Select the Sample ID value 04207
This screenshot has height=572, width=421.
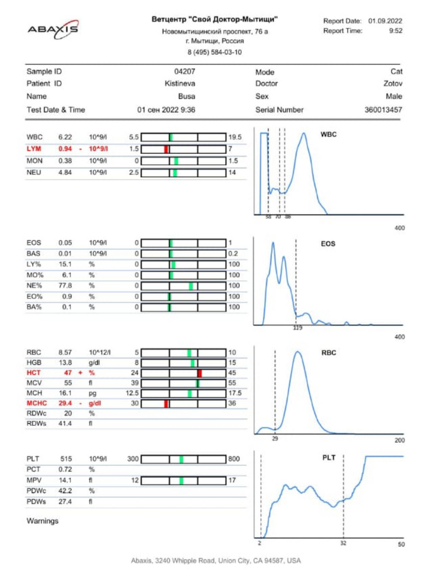point(185,72)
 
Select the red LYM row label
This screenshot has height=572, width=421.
point(34,149)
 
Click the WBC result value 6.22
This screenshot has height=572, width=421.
point(65,137)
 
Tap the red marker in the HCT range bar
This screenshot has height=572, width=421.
point(199,374)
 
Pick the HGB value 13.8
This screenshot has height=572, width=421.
point(65,363)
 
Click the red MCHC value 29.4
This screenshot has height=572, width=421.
point(65,403)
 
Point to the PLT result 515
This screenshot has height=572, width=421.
point(65,459)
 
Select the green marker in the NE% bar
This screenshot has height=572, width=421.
point(191,286)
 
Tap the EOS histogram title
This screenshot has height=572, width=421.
point(328,244)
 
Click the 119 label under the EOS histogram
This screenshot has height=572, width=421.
point(297,328)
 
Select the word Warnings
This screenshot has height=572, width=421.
point(43,521)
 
